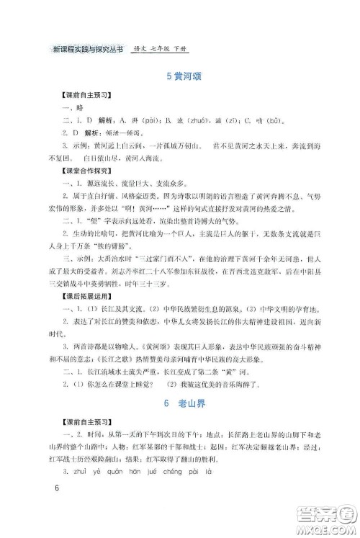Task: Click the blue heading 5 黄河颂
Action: coord(179,79)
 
